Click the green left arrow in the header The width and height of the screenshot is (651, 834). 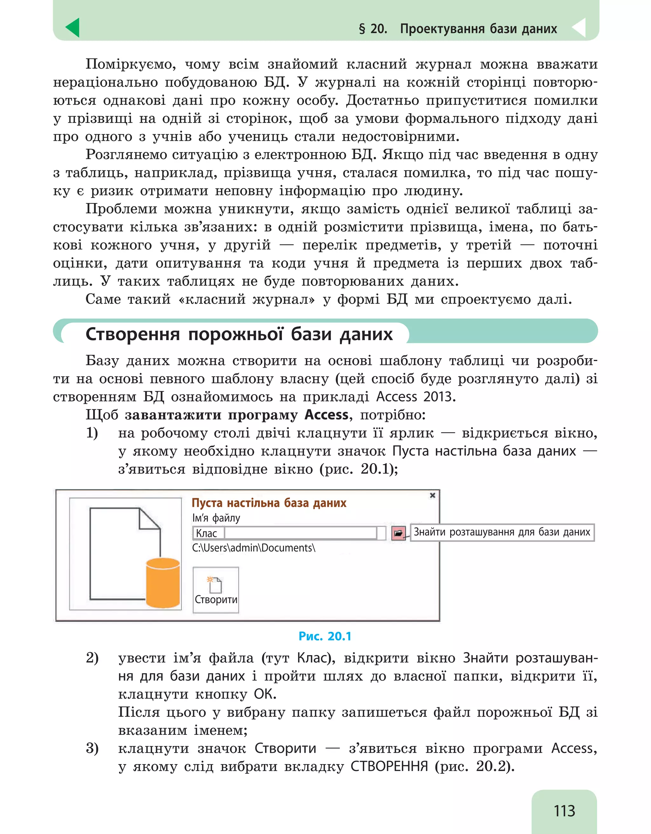tap(72, 28)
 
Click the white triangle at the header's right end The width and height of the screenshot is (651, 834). tap(579, 28)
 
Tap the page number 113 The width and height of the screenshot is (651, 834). tap(564, 810)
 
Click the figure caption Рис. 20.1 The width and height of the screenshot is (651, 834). tap(325, 636)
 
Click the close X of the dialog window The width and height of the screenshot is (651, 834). tap(432, 495)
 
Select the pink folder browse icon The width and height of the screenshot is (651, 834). tap(398, 533)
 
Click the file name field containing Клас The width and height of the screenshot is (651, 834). tap(284, 533)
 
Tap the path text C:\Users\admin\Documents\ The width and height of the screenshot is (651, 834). tap(254, 548)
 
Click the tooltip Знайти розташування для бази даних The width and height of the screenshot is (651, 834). tap(502, 532)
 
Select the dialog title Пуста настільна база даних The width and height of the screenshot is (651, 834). tap(269, 503)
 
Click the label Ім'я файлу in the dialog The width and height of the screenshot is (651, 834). tap(216, 518)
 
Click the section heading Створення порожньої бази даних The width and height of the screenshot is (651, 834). tap(239, 334)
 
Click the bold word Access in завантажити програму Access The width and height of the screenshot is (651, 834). tap(326, 415)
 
